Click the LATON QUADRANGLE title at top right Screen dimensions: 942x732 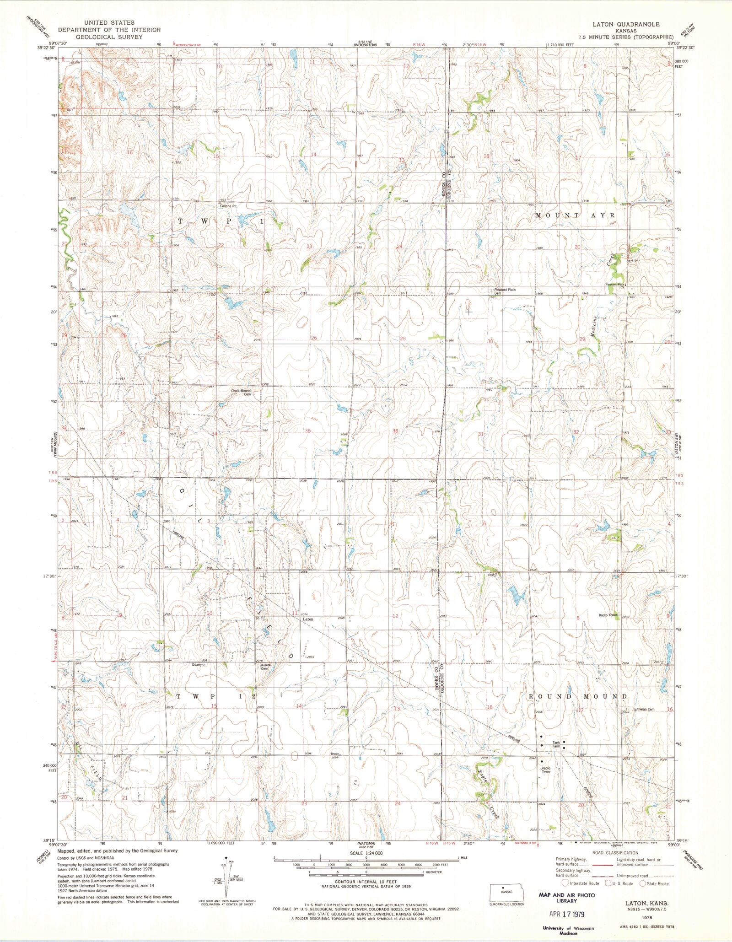633,24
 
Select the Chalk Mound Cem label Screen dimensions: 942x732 241,393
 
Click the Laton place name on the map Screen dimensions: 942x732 308,619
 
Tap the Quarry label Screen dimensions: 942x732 197,665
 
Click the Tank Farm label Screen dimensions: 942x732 556,744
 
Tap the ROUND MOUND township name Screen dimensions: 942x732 578,696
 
